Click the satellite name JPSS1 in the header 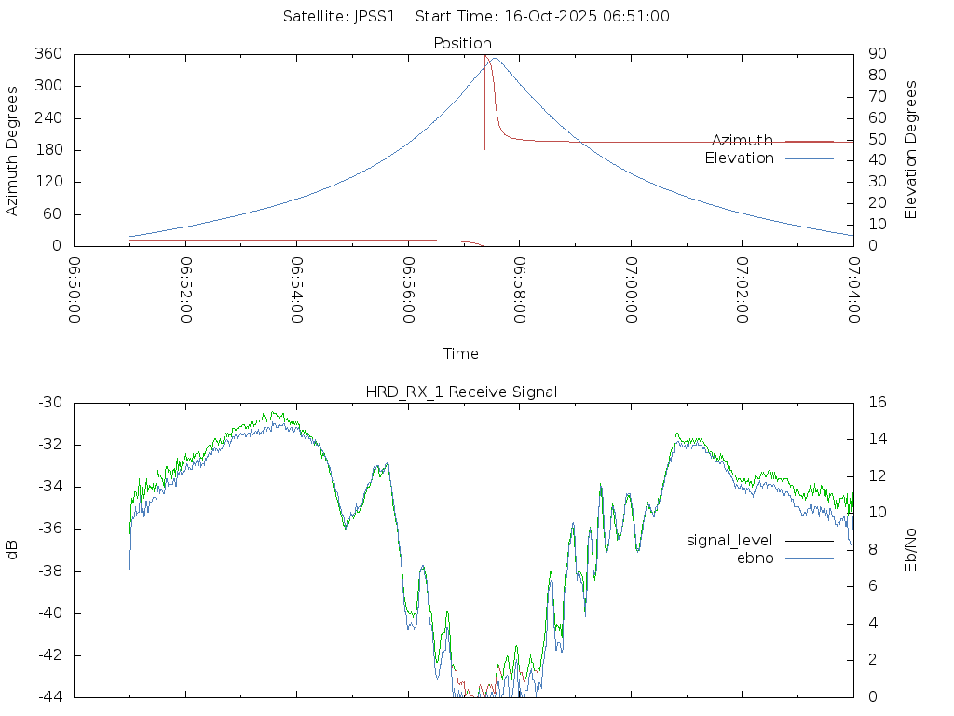[x=380, y=16]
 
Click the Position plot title [x=463, y=43]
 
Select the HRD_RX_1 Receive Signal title [x=462, y=392]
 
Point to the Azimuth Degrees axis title [x=13, y=150]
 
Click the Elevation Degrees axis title [x=911, y=150]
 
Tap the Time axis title [x=461, y=353]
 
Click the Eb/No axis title [x=911, y=549]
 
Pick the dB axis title [x=13, y=550]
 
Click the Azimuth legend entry [x=743, y=141]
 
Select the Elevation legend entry [x=740, y=158]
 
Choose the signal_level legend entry [x=729, y=540]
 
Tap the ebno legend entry [x=756, y=558]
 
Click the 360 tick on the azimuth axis [x=48, y=54]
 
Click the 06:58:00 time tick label [x=520, y=291]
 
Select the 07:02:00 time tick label [x=743, y=291]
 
